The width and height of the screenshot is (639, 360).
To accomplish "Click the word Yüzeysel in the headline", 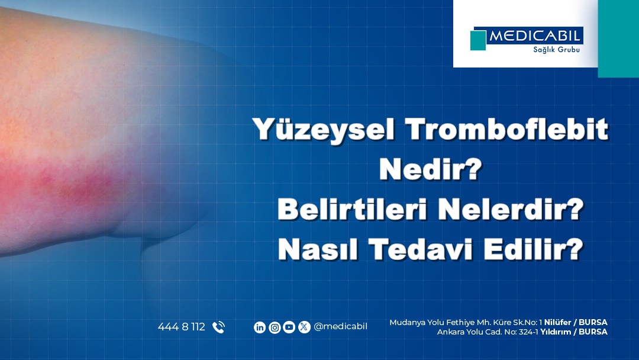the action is (x=324, y=130).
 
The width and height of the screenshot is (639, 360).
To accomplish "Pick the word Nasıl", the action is (x=318, y=249).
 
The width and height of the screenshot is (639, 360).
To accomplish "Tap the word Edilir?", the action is (x=534, y=249).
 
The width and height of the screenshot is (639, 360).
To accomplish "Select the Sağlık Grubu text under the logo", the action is (x=556, y=50).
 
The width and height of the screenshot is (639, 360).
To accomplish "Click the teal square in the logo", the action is (x=478, y=40).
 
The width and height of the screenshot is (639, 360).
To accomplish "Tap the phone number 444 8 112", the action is (x=182, y=327).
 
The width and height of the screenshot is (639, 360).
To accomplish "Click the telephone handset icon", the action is (x=218, y=327).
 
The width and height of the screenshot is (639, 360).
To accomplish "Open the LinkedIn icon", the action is (x=260, y=327).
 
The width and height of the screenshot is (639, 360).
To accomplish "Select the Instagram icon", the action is (x=275, y=327).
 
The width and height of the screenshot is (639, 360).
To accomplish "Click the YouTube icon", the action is (x=289, y=327).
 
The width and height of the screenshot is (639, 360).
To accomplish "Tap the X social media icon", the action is (x=304, y=327).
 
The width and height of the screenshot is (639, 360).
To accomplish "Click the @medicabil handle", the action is (x=340, y=327).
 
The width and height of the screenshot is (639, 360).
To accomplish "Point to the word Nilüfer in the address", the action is (x=557, y=323).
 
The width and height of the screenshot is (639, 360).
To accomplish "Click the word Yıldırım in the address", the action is (x=556, y=332).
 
